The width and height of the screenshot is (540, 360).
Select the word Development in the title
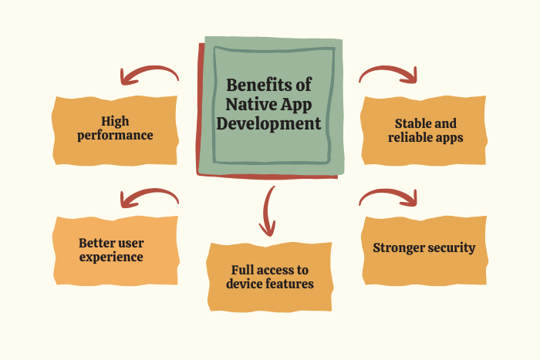pos(268,124)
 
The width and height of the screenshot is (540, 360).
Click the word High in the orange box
pos(115,122)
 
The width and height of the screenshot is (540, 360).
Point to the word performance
pos(115,136)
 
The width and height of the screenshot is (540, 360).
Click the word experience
pos(111,257)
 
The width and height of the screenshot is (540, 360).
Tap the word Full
pos(242,270)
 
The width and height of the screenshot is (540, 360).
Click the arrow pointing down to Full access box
pos(266,210)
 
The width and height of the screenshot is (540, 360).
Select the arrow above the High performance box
pos(149,73)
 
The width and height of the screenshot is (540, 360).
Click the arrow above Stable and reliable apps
pos(388,73)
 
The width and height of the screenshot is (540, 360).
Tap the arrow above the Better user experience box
pos(149,196)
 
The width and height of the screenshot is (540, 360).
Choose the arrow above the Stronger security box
pos(388,196)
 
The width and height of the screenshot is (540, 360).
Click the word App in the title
pos(295,105)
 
